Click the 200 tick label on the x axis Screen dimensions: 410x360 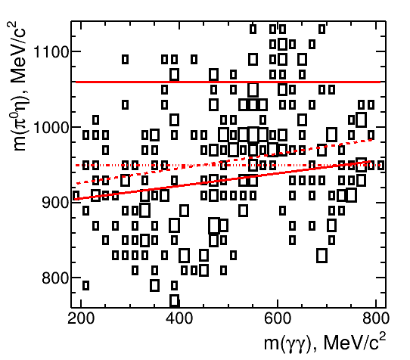pyautogui.click(x=81, y=318)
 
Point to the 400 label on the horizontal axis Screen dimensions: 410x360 pyautogui.click(x=179, y=318)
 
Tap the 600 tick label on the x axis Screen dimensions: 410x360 pyautogui.click(x=278, y=318)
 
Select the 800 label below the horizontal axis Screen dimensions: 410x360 pyautogui.click(x=376, y=318)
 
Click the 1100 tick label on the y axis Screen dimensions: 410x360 pyautogui.click(x=51, y=51)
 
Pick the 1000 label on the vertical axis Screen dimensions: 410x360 pyautogui.click(x=51, y=127)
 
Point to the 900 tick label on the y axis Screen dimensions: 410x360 pyautogui.click(x=55, y=203)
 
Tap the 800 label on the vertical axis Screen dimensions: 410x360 pyautogui.click(x=55, y=278)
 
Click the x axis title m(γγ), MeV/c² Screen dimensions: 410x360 pyautogui.click(x=325, y=342)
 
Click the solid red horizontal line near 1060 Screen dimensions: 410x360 pyautogui.click(x=228, y=82)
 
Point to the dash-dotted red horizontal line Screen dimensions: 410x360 pyautogui.click(x=228, y=165)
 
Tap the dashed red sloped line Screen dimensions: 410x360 pyautogui.click(x=224, y=162)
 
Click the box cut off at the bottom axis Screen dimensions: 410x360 pyautogui.click(x=175, y=301)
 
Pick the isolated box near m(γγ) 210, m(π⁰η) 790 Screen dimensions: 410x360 pyautogui.click(x=85, y=285)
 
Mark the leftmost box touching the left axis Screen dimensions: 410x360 pyautogui.click(x=76, y=195)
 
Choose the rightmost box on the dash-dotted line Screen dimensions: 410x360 pyautogui.click(x=380, y=165)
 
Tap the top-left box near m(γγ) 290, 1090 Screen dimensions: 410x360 pyautogui.click(x=126, y=59)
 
